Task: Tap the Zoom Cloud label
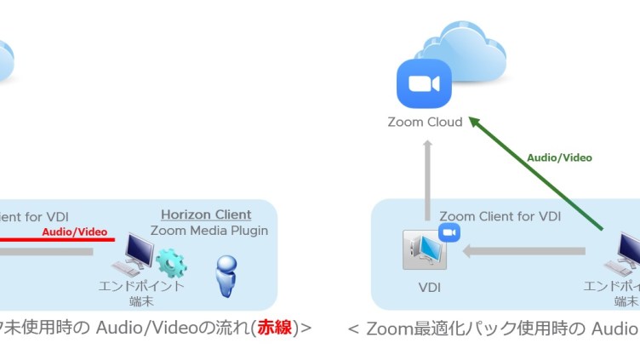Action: [425, 122]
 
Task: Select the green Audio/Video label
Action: [559, 157]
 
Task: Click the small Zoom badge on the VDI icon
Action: [449, 233]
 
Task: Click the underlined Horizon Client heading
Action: [206, 214]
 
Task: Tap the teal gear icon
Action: [171, 262]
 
